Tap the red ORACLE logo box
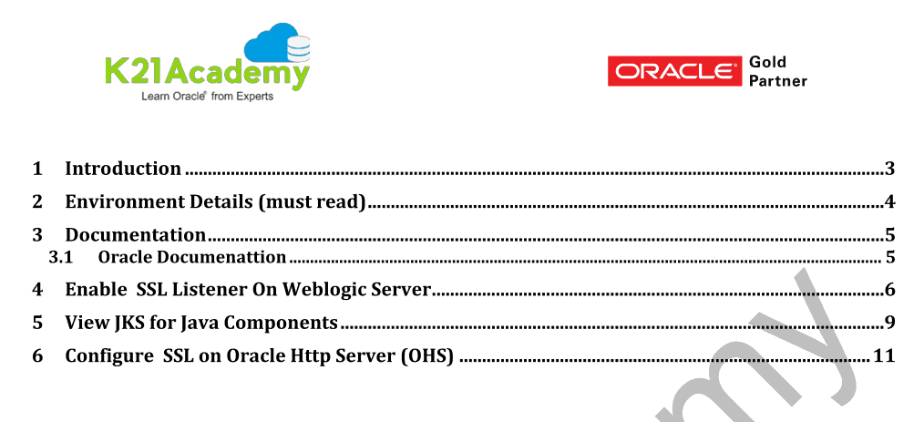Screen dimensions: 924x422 (674, 71)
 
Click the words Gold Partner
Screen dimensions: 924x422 (778, 71)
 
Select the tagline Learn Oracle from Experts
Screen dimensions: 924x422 (208, 97)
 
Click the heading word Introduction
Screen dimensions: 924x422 (123, 169)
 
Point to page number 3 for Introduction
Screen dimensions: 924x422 (889, 170)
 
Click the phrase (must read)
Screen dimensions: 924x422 (312, 202)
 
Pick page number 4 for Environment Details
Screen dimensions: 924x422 (889, 202)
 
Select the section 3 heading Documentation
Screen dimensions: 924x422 (136, 234)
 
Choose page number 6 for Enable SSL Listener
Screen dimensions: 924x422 (889, 290)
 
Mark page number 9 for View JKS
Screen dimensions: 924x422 (889, 323)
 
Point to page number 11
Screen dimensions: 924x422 (883, 356)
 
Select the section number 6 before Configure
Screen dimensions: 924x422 (37, 356)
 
